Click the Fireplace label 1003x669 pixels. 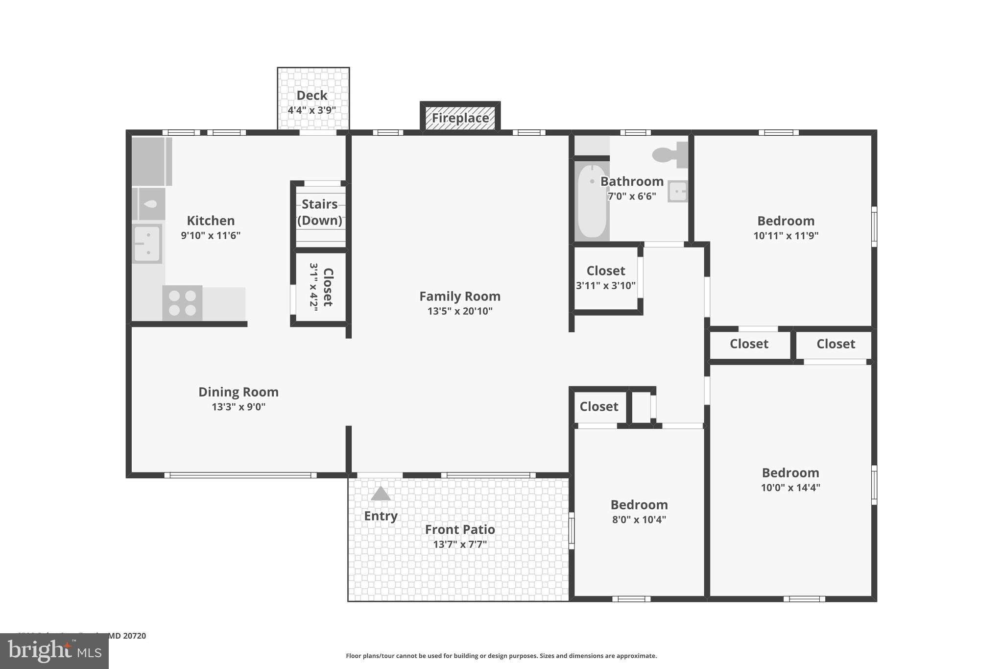tap(460, 118)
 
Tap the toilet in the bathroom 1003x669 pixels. tap(669, 154)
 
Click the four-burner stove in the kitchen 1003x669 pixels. tap(182, 303)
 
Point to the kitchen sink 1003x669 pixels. tap(147, 244)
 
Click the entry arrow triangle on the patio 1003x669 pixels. tap(381, 494)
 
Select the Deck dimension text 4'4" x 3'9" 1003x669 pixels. tap(312, 110)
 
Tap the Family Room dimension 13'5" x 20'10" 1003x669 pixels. tap(460, 311)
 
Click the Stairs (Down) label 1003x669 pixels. tap(320, 212)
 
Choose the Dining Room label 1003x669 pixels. tap(239, 392)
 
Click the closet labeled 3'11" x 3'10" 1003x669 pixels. tap(606, 278)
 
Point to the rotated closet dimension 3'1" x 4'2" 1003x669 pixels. tap(314, 287)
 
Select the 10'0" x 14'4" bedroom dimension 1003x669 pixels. tap(790, 488)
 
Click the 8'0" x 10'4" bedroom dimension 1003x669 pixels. tap(639, 520)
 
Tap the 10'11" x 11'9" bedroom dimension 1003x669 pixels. tap(786, 236)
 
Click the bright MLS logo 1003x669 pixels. tap(54, 651)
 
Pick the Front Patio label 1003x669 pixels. tap(460, 530)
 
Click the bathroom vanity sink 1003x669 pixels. tap(678, 191)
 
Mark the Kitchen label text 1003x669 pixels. tap(211, 221)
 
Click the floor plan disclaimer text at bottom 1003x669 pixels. tap(501, 656)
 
